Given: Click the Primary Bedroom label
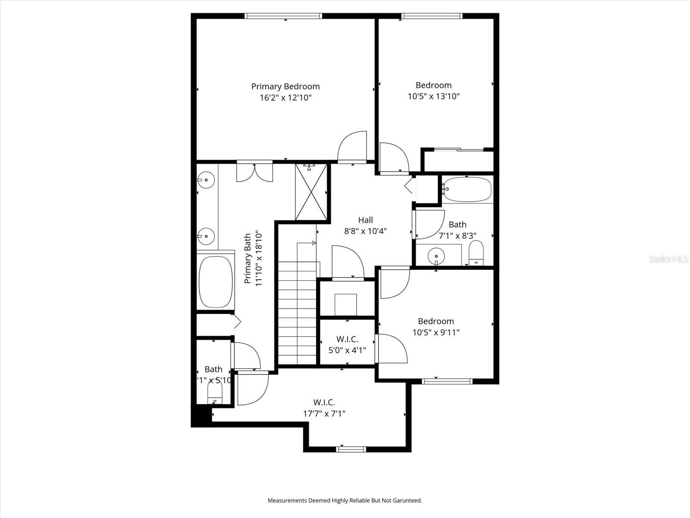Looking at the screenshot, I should (x=285, y=86).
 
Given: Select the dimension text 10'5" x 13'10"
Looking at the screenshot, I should (x=433, y=96).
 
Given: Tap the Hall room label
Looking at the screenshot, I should (x=365, y=220).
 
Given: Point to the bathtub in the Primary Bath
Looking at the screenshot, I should (x=215, y=282).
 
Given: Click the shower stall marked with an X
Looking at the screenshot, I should (x=311, y=193).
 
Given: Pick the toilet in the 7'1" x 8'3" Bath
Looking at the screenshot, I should (x=476, y=253).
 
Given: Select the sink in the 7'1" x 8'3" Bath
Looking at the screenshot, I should (x=436, y=256).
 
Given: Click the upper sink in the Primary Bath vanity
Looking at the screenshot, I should (x=206, y=179).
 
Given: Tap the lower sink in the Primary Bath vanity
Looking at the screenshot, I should (x=206, y=236).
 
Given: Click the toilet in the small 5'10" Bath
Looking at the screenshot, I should (x=214, y=393).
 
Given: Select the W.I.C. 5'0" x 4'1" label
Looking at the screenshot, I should (x=347, y=344).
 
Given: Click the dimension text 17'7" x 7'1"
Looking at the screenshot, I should (x=324, y=414).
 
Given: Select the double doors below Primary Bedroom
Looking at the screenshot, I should (x=254, y=172).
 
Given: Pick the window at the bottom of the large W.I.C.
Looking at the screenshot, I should (x=351, y=449).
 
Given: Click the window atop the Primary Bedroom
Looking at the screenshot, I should (x=283, y=16).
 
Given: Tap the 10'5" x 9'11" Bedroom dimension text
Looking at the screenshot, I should (x=436, y=332).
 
